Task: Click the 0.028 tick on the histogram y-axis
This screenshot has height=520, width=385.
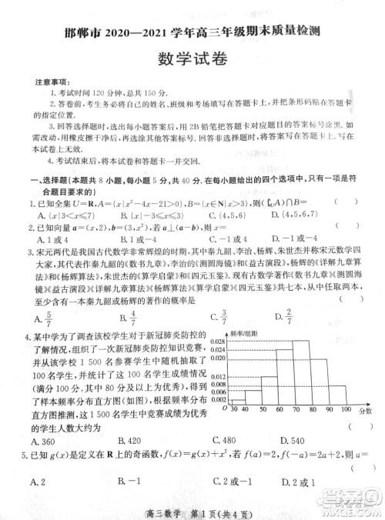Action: tap(219, 340)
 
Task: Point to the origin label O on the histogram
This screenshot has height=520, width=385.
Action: tap(223, 408)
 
